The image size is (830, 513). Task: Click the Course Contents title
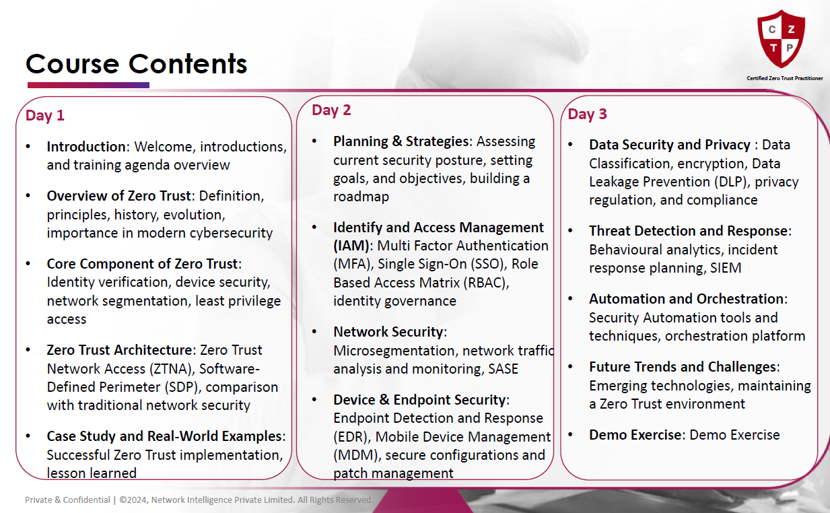137,64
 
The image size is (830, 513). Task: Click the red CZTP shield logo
782,39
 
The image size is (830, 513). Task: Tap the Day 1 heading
45,116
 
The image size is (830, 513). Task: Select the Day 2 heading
331,110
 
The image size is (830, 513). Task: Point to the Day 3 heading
587,114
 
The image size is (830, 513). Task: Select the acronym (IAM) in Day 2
351,246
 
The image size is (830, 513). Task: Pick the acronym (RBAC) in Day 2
486,283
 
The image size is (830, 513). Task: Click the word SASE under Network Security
504,369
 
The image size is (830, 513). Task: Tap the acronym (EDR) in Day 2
351,437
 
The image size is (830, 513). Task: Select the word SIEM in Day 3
726,268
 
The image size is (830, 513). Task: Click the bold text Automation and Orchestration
686,299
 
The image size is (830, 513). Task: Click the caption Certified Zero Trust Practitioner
785,78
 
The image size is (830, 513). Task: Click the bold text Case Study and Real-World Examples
164,436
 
